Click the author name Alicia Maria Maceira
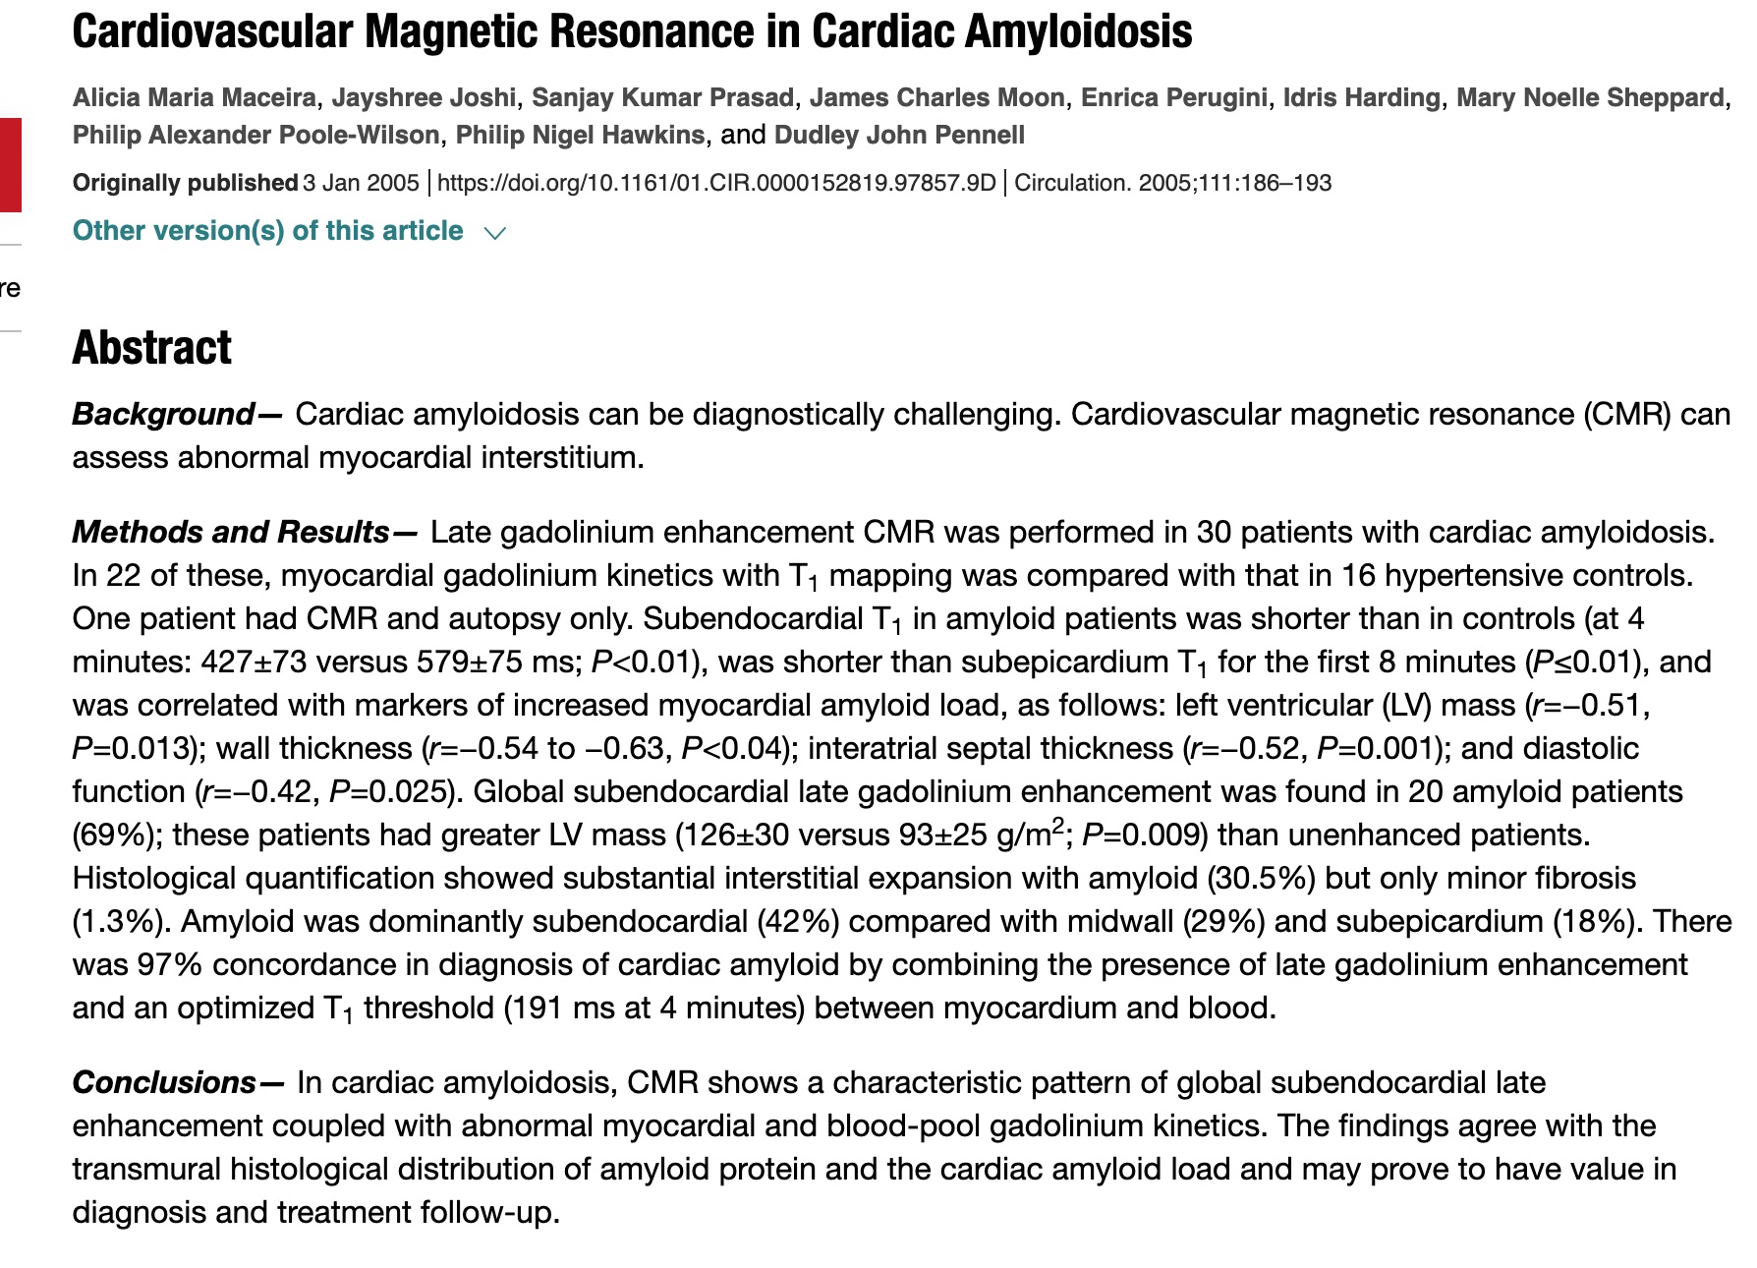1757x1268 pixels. coord(195,98)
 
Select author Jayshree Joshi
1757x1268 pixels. coord(424,98)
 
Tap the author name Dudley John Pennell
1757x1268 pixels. coord(899,135)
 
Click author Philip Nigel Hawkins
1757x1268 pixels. coord(580,135)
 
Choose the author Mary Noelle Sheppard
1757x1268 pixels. coord(1590,98)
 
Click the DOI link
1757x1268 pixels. coord(716,183)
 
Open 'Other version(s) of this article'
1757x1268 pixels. coord(267,231)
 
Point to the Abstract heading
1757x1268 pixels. coord(152,348)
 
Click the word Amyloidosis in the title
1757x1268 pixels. coord(1078,31)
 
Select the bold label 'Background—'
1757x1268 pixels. coord(177,415)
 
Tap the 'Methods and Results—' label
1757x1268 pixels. coord(245,533)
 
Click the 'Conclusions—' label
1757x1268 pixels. coord(178,1083)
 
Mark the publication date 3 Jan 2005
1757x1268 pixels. coord(361,183)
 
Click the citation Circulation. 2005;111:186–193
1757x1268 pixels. coord(1172,183)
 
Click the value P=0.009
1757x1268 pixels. coord(1145,836)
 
